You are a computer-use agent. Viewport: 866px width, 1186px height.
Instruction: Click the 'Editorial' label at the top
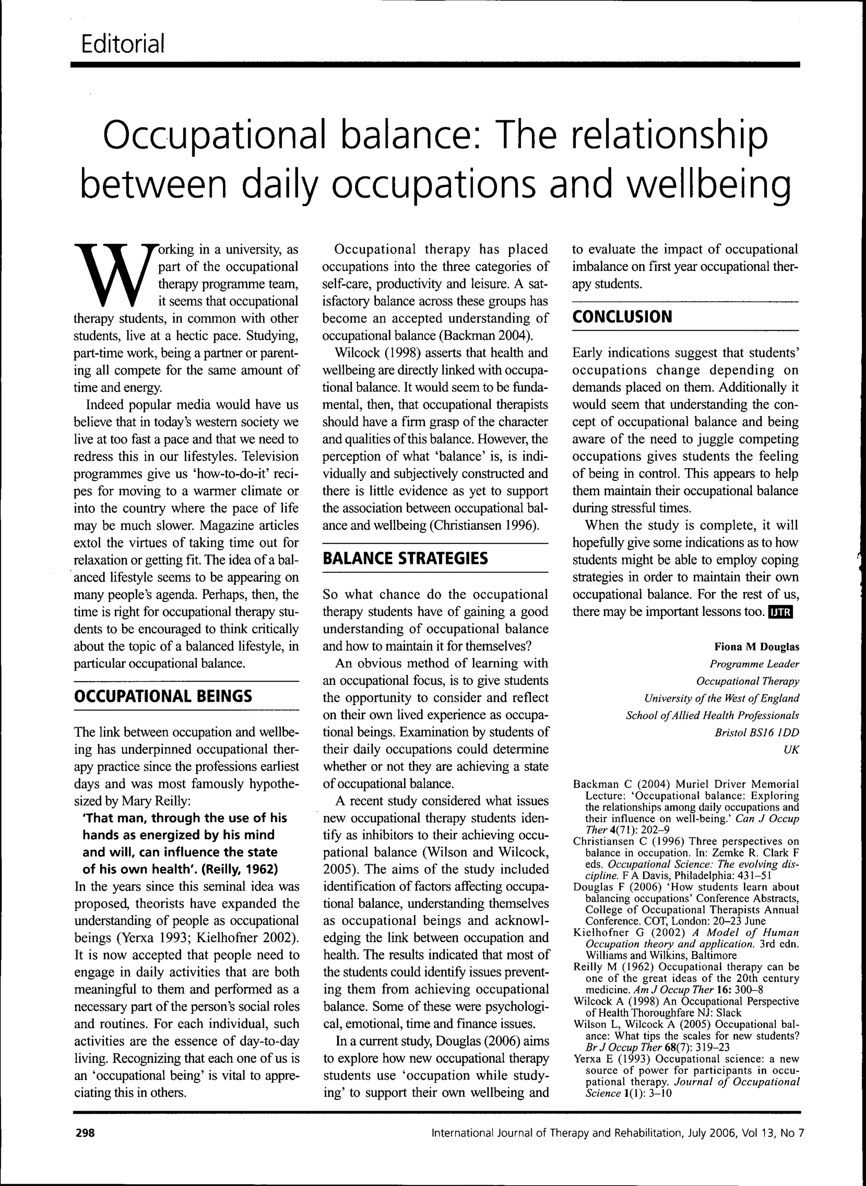[x=123, y=44]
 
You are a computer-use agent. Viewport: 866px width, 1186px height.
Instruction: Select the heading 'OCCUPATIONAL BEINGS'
[x=163, y=696]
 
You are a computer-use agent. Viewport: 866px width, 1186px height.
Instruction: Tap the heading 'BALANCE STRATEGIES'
[x=405, y=558]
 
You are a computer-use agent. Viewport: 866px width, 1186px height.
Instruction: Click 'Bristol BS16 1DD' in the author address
[x=757, y=732]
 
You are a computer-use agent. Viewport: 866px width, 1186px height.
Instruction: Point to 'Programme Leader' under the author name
[x=754, y=664]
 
